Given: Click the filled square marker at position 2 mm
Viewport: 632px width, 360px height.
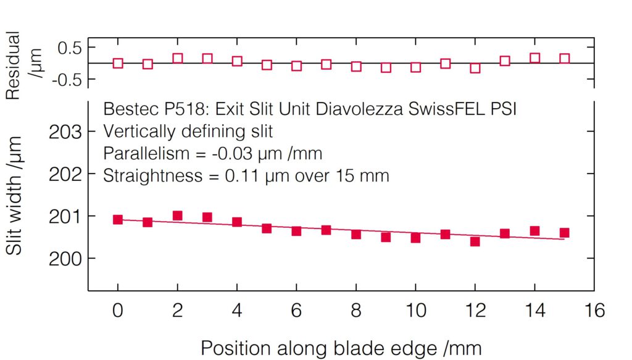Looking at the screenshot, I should [x=178, y=216].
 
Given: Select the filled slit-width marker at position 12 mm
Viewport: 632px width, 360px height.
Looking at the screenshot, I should [x=475, y=241].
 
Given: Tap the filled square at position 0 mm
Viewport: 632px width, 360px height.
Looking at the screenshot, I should [x=118, y=219].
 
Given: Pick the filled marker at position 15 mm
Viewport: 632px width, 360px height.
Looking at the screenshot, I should [x=564, y=233].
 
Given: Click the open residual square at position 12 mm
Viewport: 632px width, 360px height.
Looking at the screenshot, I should [x=475, y=68].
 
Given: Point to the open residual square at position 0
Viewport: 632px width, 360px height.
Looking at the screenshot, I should [x=118, y=63].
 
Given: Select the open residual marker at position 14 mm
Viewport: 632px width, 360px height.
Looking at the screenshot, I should [x=534, y=58].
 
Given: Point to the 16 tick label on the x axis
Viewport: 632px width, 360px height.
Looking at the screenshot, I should [x=594, y=310].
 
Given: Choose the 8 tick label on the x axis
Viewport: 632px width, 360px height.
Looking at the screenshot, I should [x=356, y=310].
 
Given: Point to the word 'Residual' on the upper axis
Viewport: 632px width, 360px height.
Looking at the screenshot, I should [x=14, y=65].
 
